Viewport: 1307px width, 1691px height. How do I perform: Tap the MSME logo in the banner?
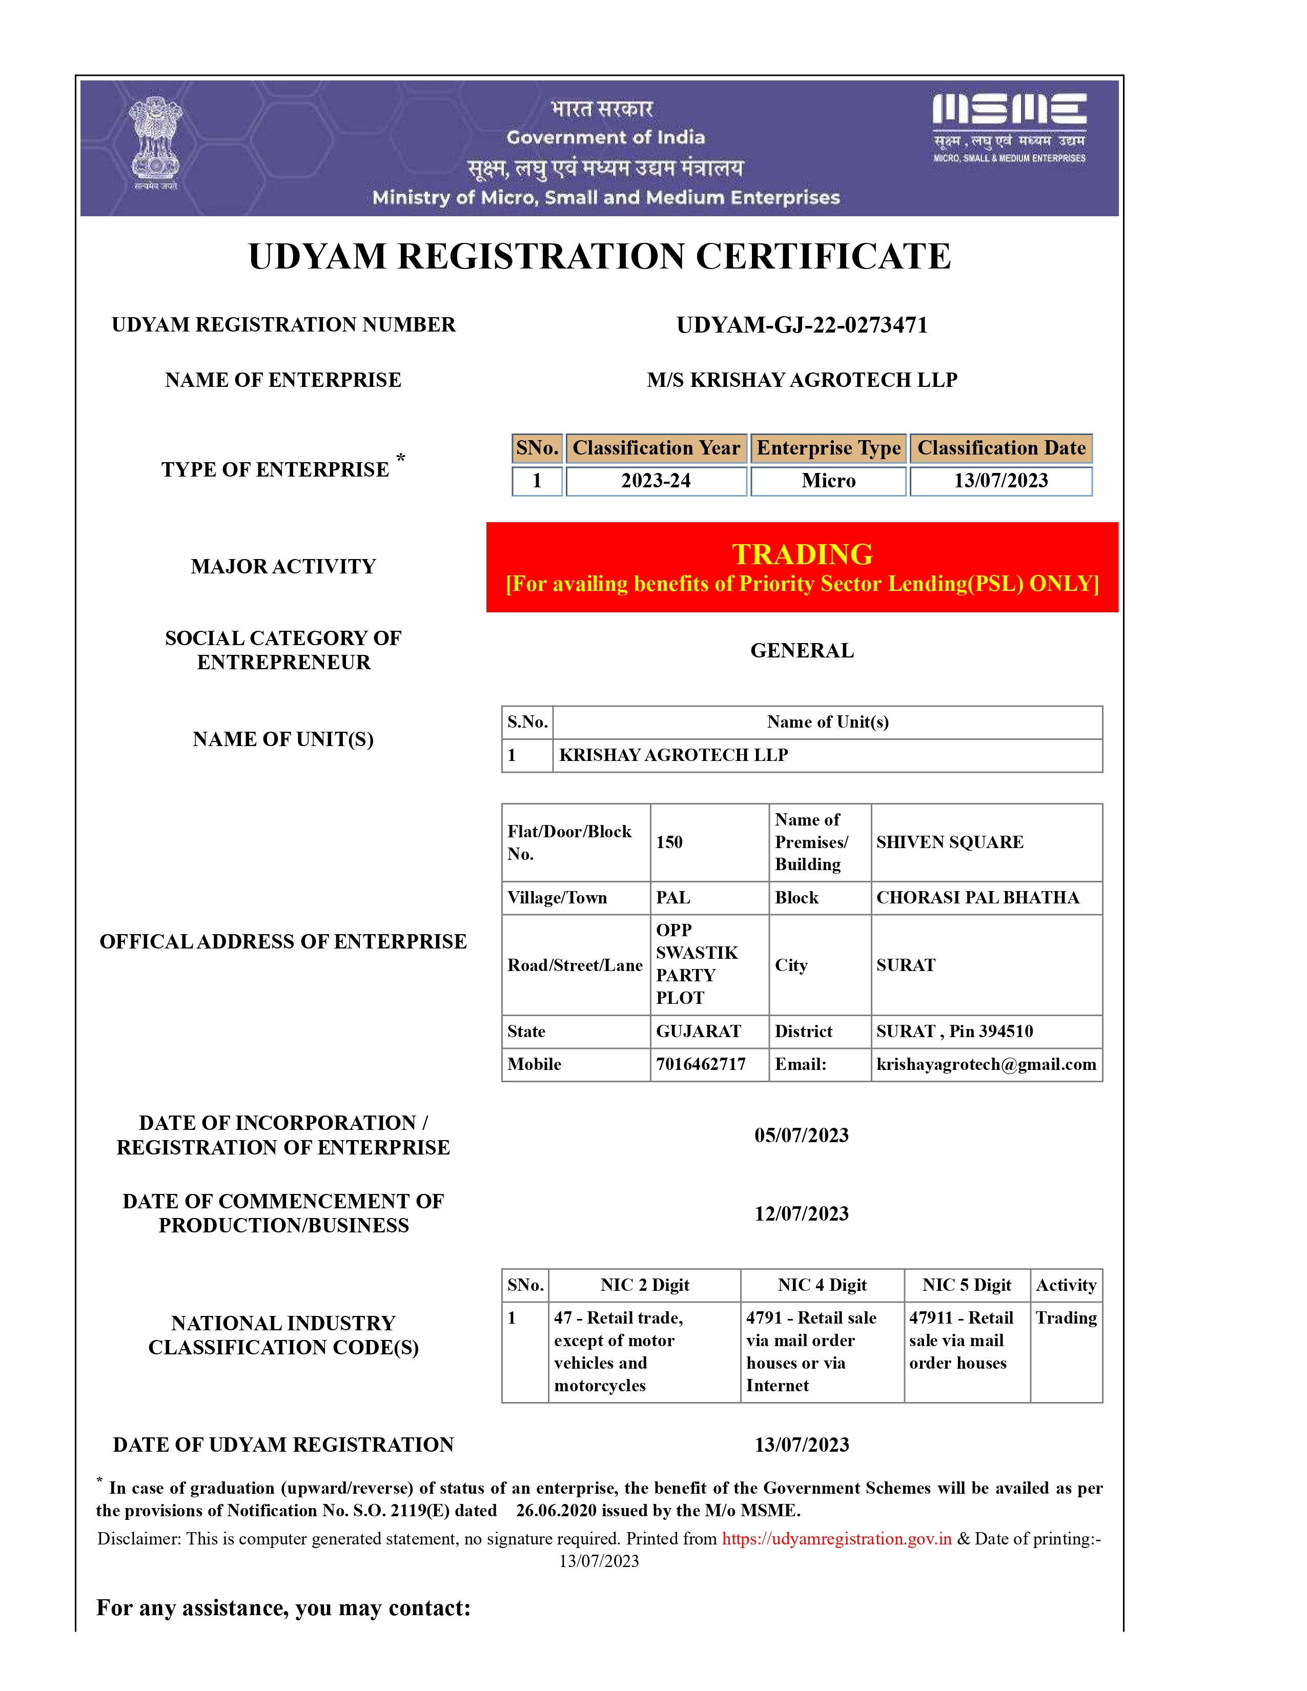1009,127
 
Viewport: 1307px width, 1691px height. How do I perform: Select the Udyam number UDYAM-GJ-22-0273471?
802,325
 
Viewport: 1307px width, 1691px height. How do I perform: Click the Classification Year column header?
656,448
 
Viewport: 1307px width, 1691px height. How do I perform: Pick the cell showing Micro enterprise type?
828,481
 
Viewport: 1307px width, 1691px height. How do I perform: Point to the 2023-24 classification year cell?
656,481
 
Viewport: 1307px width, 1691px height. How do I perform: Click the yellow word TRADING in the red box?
802,554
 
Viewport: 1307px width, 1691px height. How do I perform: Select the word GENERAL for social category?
802,650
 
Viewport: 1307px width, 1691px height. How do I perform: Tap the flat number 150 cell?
670,842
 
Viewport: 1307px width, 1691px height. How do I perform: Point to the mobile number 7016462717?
701,1065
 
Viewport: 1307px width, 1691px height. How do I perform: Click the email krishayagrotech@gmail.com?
986,1065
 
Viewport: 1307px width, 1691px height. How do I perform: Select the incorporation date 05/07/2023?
802,1135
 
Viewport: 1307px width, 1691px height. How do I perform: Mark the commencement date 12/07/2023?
802,1213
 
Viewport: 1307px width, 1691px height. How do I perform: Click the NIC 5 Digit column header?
966,1285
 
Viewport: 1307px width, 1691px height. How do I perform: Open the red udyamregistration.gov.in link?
836,1538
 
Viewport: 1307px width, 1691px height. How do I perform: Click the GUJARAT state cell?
699,1032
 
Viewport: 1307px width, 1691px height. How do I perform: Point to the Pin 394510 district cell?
955,1032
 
